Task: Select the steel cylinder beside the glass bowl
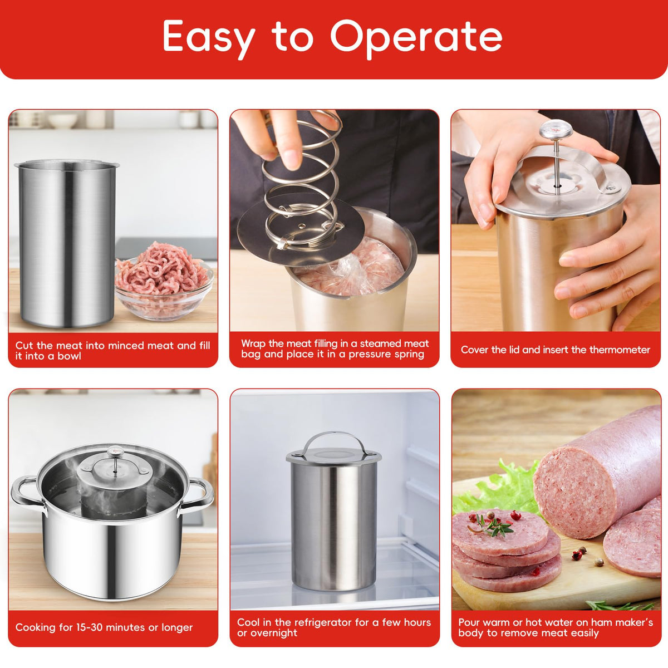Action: click(x=67, y=244)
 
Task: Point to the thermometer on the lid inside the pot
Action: click(x=115, y=458)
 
